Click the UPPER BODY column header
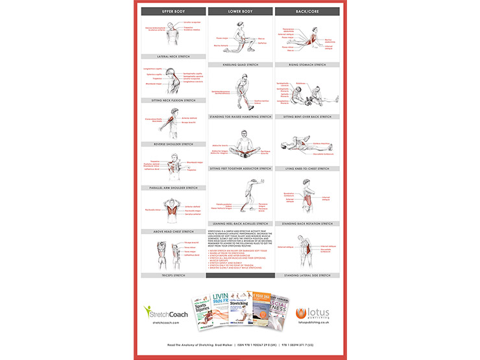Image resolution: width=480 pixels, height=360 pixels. pos(173,12)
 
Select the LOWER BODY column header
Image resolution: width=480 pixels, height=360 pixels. pos(240,12)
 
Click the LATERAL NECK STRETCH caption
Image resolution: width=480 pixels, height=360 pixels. pos(173,56)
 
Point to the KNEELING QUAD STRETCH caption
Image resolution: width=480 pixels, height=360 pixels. pos(240,65)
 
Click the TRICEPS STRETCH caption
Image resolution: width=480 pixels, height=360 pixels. pos(173,275)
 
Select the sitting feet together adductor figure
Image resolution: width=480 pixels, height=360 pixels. pos(240,146)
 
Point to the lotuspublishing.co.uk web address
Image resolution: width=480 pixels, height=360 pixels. pos(314,322)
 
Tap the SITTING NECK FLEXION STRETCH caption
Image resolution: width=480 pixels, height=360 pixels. pos(173,101)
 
